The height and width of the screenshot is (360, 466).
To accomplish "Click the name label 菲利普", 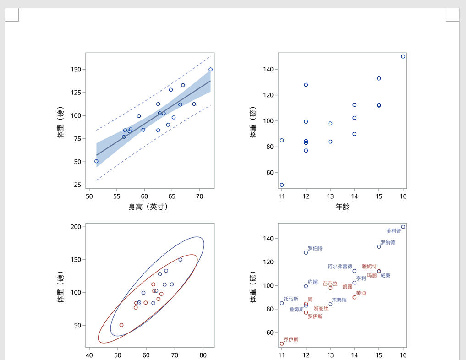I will (393, 231).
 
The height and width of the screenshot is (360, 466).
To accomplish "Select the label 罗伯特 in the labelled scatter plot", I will (315, 248).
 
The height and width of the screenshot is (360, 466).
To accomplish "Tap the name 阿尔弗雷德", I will (340, 267).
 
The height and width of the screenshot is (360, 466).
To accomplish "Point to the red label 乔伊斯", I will (291, 340).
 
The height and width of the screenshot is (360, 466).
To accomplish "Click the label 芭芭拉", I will (330, 284).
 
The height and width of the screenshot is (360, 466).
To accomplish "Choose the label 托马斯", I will (291, 299).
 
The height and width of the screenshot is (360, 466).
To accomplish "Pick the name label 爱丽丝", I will (321, 309).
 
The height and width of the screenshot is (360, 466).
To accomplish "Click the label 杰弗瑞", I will (339, 300).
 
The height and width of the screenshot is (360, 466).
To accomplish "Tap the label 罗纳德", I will (388, 243).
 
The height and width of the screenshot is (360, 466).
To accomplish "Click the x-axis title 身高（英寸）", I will (148, 207).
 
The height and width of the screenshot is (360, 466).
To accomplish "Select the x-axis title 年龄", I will (342, 207).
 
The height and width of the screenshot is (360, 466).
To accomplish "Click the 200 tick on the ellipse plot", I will (76, 227).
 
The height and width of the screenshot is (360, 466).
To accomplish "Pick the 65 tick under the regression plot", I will (172, 196).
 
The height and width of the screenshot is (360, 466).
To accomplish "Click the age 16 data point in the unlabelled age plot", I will (403, 57).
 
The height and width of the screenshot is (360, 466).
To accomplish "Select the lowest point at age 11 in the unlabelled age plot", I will (282, 185).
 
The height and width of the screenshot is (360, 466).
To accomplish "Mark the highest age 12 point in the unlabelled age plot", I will (306, 85).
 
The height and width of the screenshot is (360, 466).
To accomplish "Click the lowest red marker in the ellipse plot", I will (121, 325).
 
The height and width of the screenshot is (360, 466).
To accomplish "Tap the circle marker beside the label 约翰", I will (306, 286).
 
